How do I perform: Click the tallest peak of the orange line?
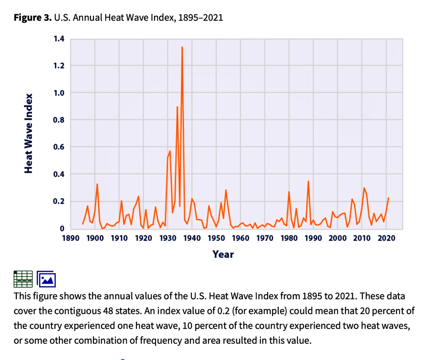click(x=182, y=47)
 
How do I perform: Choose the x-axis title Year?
click(x=223, y=254)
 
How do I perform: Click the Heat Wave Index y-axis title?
click(x=29, y=133)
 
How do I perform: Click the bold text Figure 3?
click(x=32, y=18)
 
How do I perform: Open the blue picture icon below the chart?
click(x=46, y=279)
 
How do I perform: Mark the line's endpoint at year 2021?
click(x=389, y=198)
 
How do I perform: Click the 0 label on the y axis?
click(x=62, y=228)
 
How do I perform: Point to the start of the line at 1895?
click(x=82, y=224)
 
